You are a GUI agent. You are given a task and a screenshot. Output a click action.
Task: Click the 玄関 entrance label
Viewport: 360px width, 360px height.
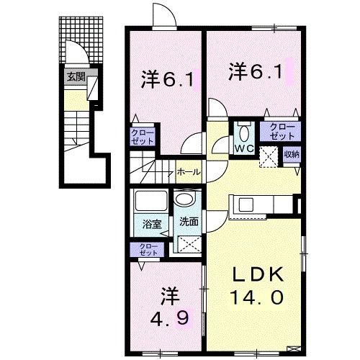pos(76,77)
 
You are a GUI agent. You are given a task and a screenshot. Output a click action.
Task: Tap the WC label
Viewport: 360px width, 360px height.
pos(241,149)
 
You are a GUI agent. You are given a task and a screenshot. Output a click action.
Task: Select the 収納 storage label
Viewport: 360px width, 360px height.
pos(291,153)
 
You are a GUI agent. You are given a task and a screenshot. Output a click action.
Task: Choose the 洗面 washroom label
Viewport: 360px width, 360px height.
pos(189,222)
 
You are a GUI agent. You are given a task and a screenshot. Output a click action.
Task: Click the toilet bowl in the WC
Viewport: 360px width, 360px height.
pos(242,132)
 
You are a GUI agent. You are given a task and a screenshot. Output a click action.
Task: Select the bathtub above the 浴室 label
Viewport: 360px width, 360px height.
pos(150,201)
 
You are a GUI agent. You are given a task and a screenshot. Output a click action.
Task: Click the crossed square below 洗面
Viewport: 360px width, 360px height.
pos(189,244)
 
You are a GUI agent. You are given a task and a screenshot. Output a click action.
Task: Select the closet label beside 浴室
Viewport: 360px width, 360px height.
pos(148,249)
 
